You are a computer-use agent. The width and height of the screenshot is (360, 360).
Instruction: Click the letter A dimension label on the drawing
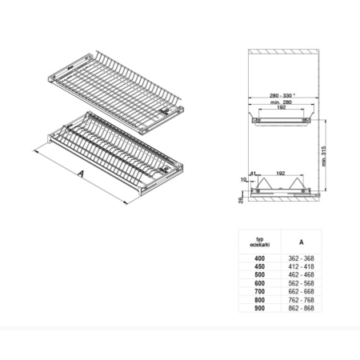coord(81,174)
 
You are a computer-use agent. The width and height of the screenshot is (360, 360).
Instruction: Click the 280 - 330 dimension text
coord(282,95)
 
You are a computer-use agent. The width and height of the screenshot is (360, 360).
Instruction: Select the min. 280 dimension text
coord(281,102)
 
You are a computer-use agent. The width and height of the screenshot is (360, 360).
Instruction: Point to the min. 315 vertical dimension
coord(324,156)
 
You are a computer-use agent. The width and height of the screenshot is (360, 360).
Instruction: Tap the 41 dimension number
coord(253,174)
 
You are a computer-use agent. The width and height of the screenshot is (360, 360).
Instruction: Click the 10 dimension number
coord(243,180)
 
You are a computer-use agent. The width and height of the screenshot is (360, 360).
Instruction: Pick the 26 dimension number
coord(241,200)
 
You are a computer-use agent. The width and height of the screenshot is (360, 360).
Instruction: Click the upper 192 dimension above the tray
coord(282,107)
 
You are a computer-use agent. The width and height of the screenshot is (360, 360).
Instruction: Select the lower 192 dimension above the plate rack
coord(281,174)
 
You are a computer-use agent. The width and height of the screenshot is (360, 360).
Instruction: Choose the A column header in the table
coord(302,242)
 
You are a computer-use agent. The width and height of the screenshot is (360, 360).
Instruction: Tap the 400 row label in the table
coord(259,258)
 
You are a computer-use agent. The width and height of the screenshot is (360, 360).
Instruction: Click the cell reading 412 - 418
coord(302,266)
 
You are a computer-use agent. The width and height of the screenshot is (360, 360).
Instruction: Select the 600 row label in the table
coord(259,283)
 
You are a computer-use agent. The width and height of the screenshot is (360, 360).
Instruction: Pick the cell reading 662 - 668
coord(302,291)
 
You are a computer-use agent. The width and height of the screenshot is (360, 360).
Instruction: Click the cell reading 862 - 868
coord(302,308)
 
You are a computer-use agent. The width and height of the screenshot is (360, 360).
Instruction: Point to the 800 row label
coord(259,300)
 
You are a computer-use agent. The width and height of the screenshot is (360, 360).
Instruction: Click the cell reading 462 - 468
coord(302,275)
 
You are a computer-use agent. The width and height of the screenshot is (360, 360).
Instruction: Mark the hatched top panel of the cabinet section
coord(284,51)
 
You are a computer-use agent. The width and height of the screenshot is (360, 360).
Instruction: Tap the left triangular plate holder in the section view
coord(263,183)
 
